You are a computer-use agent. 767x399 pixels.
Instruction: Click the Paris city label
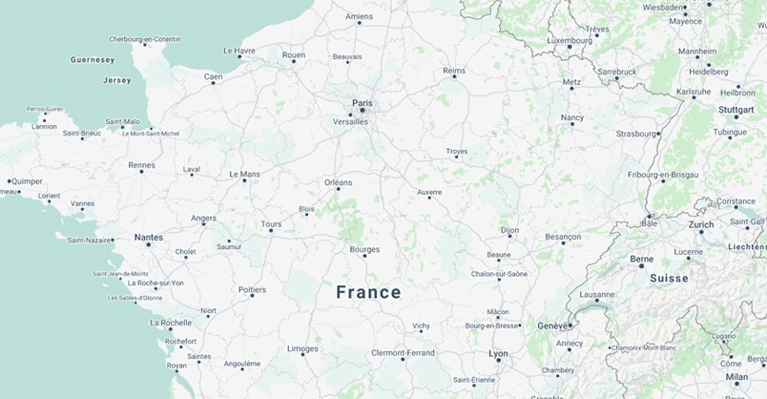pyautogui.click(x=363, y=102)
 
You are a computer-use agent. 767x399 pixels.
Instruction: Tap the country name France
pyautogui.click(x=368, y=293)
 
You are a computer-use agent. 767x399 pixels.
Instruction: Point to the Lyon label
pyautogui.click(x=498, y=353)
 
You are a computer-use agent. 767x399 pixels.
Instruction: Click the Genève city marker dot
pyautogui.click(x=570, y=325)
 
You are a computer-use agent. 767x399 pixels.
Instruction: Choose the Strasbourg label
pyautogui.click(x=636, y=134)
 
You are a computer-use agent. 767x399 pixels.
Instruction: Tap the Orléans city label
pyautogui.click(x=338, y=181)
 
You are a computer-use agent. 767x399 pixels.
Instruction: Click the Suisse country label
pyautogui.click(x=669, y=279)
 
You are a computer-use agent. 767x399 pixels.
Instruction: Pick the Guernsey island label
pyautogui.click(x=93, y=59)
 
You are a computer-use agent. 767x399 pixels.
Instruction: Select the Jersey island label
pyautogui.click(x=116, y=80)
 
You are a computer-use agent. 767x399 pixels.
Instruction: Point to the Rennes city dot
pyautogui.click(x=141, y=175)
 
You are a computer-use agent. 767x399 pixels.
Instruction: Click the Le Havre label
pyautogui.click(x=239, y=50)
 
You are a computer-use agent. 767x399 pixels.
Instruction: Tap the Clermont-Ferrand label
pyautogui.click(x=403, y=352)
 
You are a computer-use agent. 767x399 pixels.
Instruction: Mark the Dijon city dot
pyautogui.click(x=509, y=238)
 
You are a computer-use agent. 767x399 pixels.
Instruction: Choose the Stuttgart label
pyautogui.click(x=736, y=110)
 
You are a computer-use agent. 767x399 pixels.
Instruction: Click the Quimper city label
pyautogui.click(x=27, y=180)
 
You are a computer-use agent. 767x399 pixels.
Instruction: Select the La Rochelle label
pyautogui.click(x=171, y=323)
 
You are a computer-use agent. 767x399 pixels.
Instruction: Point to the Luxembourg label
pyautogui.click(x=570, y=40)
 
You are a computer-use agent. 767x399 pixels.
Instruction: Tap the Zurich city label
pyautogui.click(x=701, y=224)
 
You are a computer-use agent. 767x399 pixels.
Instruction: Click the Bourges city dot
pyautogui.click(x=364, y=257)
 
